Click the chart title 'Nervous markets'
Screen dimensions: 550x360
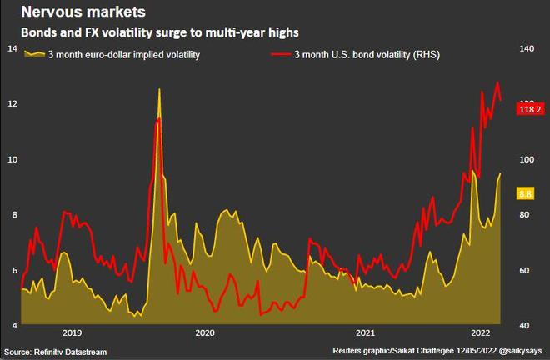(x=83, y=12)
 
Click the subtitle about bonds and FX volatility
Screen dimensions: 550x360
(x=160, y=32)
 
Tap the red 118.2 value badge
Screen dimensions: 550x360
(x=530, y=109)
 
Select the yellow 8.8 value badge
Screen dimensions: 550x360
(x=526, y=193)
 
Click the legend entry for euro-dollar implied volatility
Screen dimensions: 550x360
(x=112, y=55)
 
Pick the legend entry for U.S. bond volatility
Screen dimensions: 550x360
(x=356, y=55)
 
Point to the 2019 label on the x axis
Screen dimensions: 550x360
(x=72, y=332)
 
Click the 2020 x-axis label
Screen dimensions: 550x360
(x=205, y=332)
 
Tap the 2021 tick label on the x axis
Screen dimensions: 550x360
(x=365, y=332)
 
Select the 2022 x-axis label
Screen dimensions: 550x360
(x=481, y=332)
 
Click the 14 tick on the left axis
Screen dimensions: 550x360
(x=12, y=48)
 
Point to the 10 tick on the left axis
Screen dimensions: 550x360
(x=12, y=159)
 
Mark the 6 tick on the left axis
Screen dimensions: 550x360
(x=14, y=270)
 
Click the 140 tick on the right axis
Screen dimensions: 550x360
(x=527, y=48)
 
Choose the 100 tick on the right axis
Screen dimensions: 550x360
(x=527, y=159)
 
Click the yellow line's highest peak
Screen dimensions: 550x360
(x=159, y=89)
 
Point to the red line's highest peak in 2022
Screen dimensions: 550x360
(x=497, y=82)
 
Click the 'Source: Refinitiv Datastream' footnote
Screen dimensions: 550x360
(x=56, y=352)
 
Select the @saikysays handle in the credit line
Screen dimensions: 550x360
(x=521, y=351)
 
